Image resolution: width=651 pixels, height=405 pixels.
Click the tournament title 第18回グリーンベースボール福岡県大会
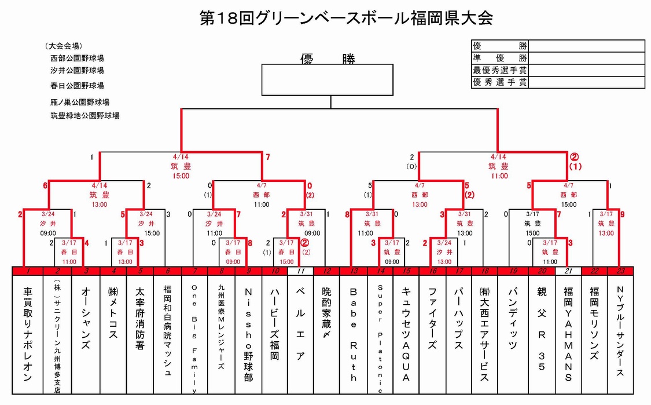click(x=345, y=18)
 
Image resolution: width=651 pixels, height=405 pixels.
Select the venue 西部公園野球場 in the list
click(x=77, y=58)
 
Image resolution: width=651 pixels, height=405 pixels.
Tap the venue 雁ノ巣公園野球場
click(x=79, y=102)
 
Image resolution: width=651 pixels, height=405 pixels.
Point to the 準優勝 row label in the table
click(x=499, y=58)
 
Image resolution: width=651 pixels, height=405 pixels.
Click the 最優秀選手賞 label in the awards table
click(x=499, y=70)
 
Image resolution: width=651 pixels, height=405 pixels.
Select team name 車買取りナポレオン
click(x=27, y=333)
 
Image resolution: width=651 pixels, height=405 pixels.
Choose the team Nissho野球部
click(x=248, y=333)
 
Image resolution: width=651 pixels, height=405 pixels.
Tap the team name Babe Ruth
click(x=354, y=333)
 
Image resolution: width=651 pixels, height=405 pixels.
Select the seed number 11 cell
click(x=300, y=271)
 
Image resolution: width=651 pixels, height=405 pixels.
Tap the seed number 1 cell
click(x=27, y=271)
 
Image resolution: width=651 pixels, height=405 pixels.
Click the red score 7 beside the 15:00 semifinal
click(x=267, y=157)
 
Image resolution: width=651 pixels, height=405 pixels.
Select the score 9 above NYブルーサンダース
click(x=623, y=214)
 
